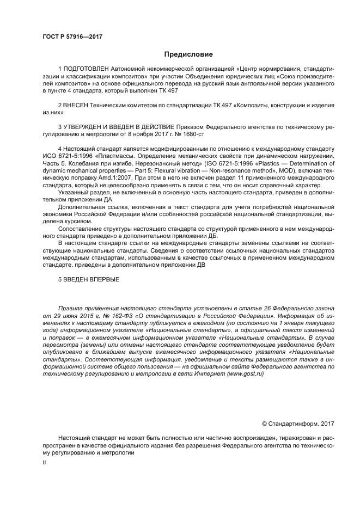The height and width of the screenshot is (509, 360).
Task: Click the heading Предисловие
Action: (x=188, y=54)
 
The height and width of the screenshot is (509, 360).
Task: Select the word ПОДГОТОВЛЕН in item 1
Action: (x=86, y=70)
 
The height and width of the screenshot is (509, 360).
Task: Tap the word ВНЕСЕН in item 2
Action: (x=76, y=103)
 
